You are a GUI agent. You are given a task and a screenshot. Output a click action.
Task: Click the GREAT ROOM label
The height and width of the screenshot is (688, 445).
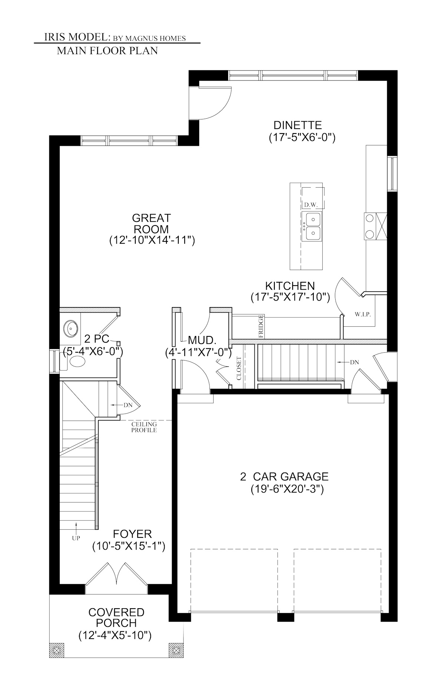(x=151, y=223)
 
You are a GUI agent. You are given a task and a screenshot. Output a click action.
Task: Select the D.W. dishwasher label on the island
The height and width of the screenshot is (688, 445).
(x=309, y=205)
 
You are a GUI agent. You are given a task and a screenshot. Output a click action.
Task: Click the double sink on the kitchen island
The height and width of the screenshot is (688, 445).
(x=311, y=227)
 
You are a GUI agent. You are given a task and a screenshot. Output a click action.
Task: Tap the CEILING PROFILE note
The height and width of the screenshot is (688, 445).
(x=144, y=427)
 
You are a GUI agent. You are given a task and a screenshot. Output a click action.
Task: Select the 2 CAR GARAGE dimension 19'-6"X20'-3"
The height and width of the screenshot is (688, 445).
(x=287, y=489)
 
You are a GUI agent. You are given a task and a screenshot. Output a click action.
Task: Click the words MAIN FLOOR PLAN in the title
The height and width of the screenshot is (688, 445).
(x=107, y=51)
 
